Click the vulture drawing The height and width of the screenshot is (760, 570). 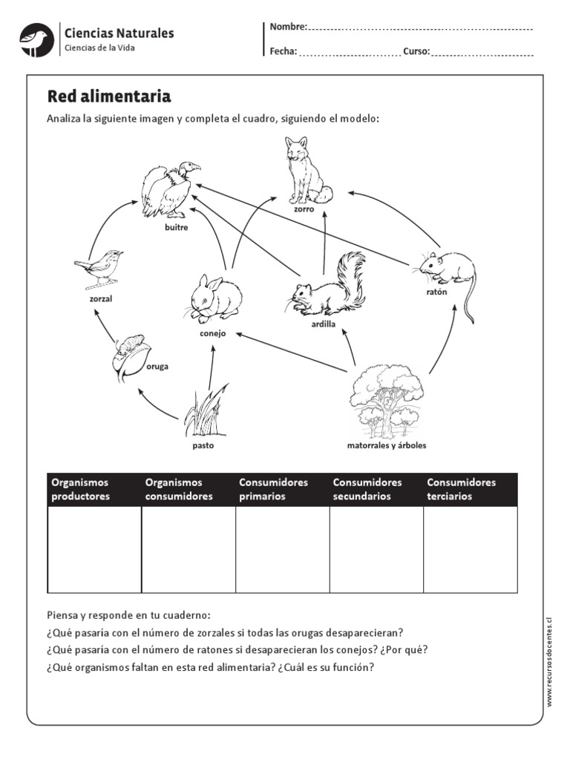tap(170, 190)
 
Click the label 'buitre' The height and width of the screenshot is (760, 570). tap(177, 228)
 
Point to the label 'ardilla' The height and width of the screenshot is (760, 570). tap(324, 324)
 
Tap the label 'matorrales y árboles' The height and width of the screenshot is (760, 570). tap(387, 446)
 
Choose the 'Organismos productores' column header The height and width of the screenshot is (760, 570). tap(94, 489)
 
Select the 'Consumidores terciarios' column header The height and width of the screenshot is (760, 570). tap(471, 489)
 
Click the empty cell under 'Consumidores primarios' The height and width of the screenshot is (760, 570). tap(282, 548)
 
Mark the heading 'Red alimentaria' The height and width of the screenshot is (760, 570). tap(109, 96)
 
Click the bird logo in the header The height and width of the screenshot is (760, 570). tap(35, 39)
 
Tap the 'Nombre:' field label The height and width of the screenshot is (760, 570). tap(288, 27)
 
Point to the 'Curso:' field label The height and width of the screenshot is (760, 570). tap(416, 52)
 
